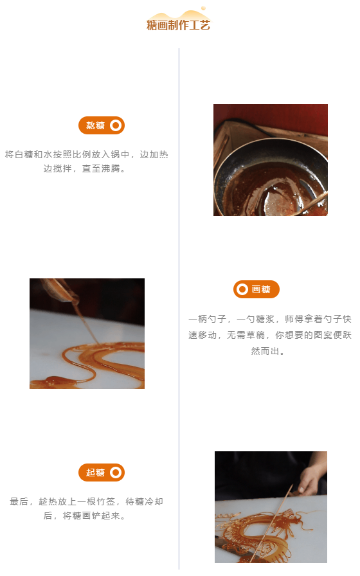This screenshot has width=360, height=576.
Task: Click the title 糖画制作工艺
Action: pos(178,25)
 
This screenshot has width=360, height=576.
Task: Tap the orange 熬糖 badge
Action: pos(102,125)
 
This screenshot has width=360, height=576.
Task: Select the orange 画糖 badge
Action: pos(256,289)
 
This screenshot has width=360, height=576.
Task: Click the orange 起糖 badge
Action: pos(102,473)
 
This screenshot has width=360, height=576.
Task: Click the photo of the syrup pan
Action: pos(271,160)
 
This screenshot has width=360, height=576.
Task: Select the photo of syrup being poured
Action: pos(87,334)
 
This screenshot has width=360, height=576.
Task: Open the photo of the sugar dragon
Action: pos(271,507)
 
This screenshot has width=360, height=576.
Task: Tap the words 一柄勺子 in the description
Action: pos(207,319)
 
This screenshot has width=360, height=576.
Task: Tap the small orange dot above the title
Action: pos(203,8)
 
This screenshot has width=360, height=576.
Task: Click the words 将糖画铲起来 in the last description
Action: pos(91,516)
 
